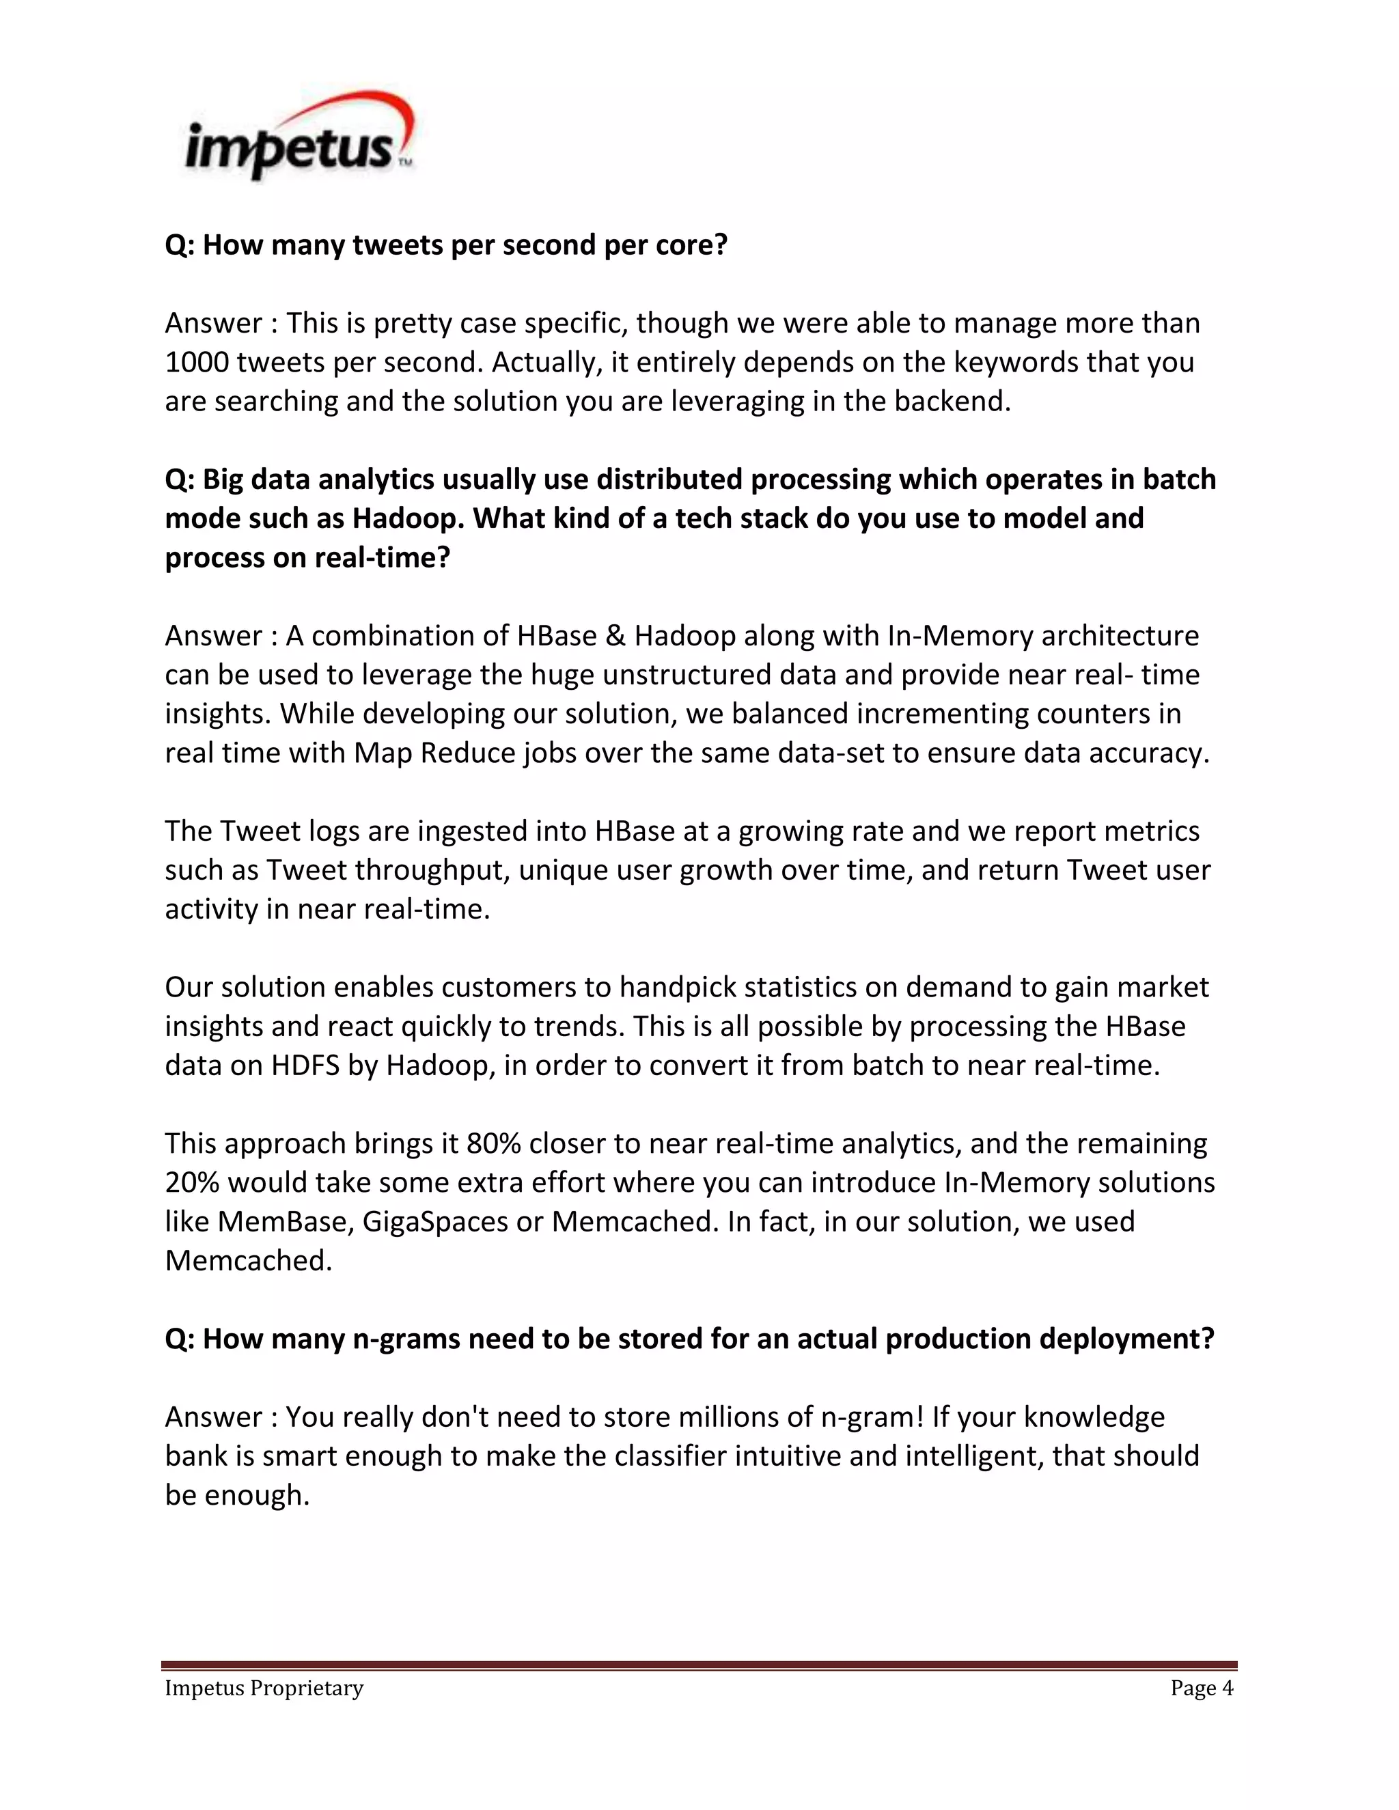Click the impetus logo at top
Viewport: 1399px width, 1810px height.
(x=299, y=137)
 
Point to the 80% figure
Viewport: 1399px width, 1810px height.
(x=493, y=1143)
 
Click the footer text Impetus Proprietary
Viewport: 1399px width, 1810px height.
(x=264, y=1688)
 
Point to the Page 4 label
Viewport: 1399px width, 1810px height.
(x=1201, y=1688)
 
